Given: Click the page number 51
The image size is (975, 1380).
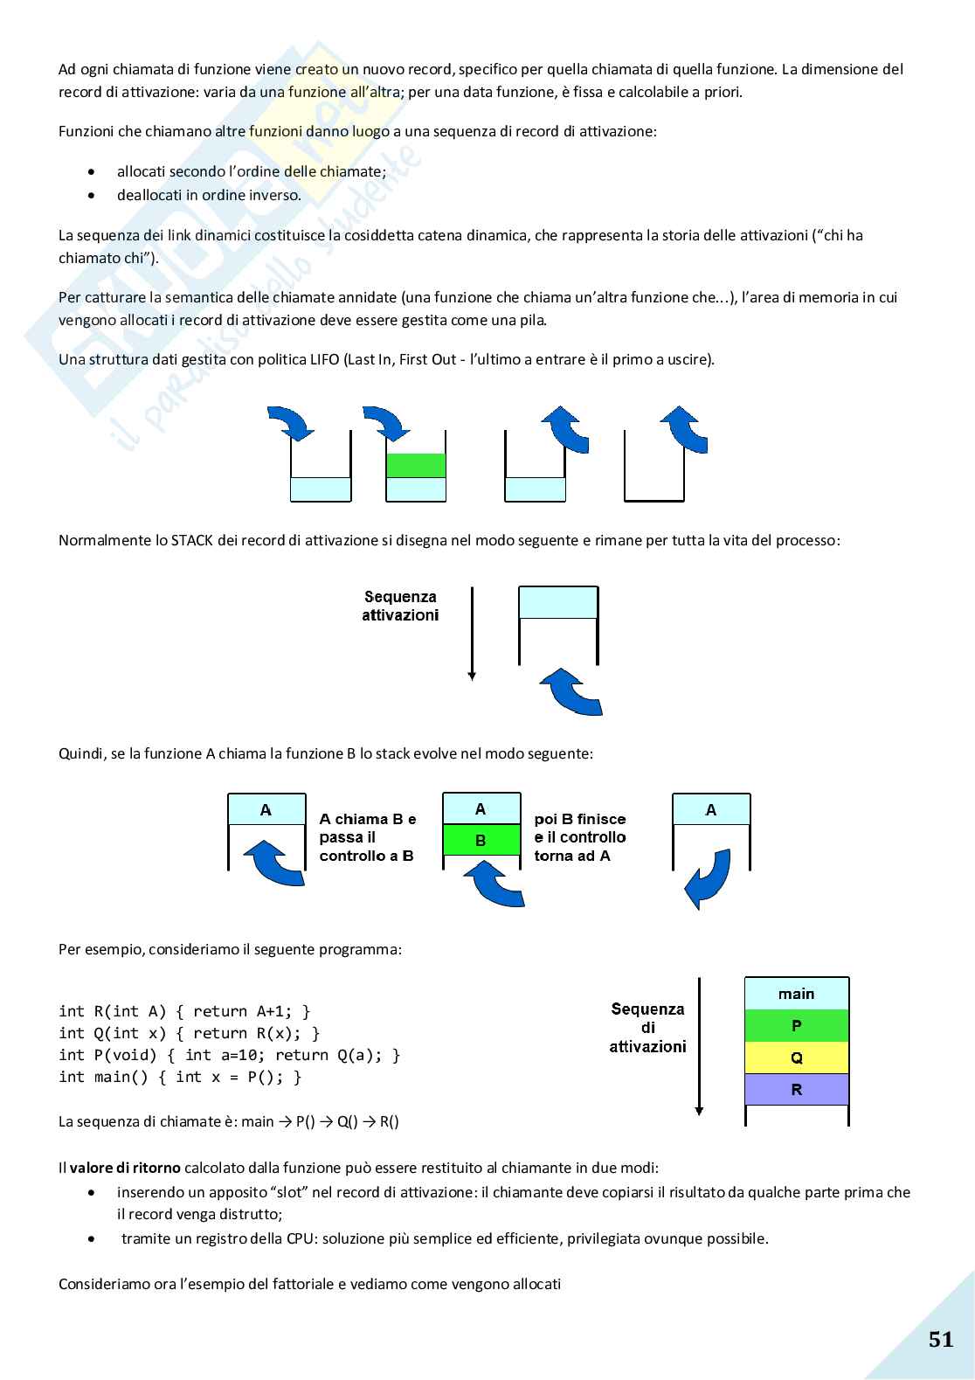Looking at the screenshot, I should click(x=940, y=1340).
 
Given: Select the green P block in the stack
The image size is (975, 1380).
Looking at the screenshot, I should click(x=796, y=1025).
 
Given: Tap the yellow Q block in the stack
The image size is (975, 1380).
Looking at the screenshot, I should click(x=796, y=1058).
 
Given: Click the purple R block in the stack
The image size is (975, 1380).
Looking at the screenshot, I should click(x=796, y=1090).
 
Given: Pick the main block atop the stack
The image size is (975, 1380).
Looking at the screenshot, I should click(x=796, y=994).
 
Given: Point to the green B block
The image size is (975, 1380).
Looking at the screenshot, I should click(x=481, y=840).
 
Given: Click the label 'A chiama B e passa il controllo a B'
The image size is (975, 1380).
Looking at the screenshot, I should click(x=367, y=837).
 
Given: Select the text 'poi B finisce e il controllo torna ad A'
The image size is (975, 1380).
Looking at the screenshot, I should click(x=580, y=837).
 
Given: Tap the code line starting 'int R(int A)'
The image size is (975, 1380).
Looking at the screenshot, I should click(x=184, y=1011).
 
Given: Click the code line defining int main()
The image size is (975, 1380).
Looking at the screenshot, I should click(x=180, y=1077).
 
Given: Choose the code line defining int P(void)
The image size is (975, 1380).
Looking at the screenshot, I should click(x=229, y=1055).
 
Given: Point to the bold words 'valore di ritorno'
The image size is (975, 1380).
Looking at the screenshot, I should click(x=125, y=1168).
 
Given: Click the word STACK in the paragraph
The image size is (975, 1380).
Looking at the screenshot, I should click(x=192, y=540).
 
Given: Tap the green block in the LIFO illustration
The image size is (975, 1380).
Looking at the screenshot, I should click(x=416, y=465).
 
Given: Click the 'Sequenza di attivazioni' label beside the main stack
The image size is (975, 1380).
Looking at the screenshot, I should click(x=647, y=1028).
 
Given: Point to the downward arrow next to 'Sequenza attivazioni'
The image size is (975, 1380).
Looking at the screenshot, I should click(x=472, y=634).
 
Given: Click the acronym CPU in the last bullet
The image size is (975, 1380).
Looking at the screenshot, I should click(x=300, y=1238).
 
